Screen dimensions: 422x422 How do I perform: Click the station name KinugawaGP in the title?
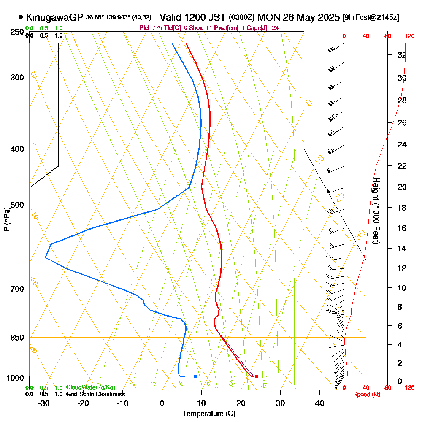pyautogui.click(x=54, y=17)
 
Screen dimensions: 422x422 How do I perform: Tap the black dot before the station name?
pyautogui.click(x=21, y=17)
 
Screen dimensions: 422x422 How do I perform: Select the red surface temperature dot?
pyautogui.click(x=256, y=376)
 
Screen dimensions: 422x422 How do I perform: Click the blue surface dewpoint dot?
pyautogui.click(x=195, y=376)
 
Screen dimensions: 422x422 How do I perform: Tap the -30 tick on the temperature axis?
pyautogui.click(x=43, y=403)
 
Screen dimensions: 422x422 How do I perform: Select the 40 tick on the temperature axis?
pyautogui.click(x=319, y=403)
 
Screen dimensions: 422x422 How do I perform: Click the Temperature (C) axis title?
pyautogui.click(x=208, y=414)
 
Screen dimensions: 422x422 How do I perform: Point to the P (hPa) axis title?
pyautogui.click(x=6, y=219)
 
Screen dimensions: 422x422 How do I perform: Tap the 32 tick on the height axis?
pyautogui.click(x=402, y=55)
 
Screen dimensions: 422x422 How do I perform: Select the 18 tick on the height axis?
pyautogui.click(x=402, y=208)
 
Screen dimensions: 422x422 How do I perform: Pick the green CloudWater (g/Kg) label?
pyautogui.click(x=90, y=387)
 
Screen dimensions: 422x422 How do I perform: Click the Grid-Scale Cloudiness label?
pyautogui.click(x=95, y=394)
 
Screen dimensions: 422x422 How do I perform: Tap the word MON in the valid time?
pyautogui.click(x=268, y=17)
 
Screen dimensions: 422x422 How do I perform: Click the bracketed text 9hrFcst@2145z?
pyautogui.click(x=371, y=18)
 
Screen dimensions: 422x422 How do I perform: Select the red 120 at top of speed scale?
pyautogui.click(x=409, y=36)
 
